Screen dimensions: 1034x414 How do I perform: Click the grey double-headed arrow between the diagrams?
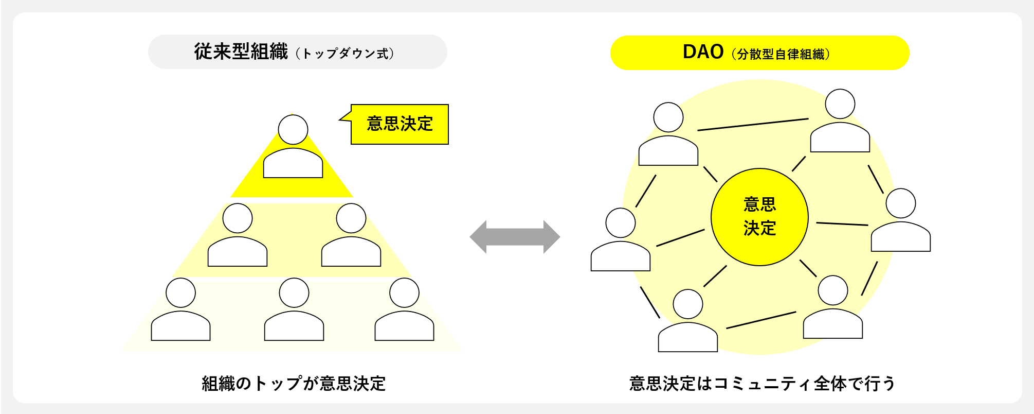[x=515, y=237]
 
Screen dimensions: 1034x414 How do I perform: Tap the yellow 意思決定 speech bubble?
[x=400, y=124]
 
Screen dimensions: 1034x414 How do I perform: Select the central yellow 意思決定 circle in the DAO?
[x=759, y=217]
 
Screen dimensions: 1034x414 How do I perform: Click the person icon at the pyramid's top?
[x=293, y=146]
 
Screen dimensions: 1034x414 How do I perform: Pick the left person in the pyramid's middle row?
[x=238, y=235]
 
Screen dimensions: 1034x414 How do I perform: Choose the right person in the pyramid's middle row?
[x=351, y=235]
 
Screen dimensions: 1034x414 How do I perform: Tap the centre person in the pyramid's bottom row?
[x=294, y=309]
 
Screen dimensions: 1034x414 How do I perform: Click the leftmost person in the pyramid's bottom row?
[x=180, y=309]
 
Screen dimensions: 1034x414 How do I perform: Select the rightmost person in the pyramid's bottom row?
[x=404, y=309]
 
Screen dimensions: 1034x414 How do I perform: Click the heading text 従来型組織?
[x=241, y=51]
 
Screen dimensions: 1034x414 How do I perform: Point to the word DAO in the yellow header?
[x=703, y=52]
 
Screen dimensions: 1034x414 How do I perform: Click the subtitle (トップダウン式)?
[x=345, y=54]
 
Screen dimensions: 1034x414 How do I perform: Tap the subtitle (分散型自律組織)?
[x=781, y=54]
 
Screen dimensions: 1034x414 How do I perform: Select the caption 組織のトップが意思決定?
[x=294, y=384]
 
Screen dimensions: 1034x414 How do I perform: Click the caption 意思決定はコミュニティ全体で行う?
[x=763, y=384]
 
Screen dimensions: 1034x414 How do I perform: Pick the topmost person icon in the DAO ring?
[x=840, y=120]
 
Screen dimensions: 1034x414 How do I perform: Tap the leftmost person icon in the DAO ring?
[x=621, y=239]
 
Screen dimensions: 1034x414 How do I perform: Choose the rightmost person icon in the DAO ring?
[x=901, y=220]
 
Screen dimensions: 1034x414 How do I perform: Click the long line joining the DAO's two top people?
[x=753, y=125]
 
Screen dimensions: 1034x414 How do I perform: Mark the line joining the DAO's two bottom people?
[x=761, y=320]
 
